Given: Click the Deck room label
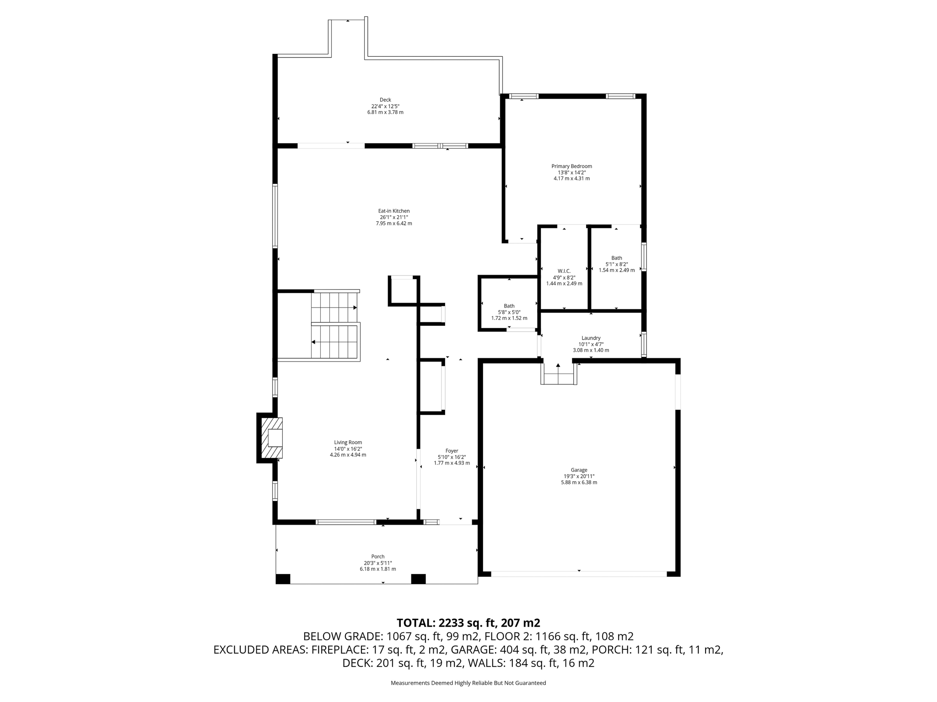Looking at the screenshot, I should point(385,100).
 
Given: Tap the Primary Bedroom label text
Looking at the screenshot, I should point(571,166).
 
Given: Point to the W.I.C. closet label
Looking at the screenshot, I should point(564,271).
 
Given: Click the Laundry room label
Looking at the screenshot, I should point(591,338).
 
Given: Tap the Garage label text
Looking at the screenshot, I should point(579,470).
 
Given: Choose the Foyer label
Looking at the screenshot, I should point(452,451).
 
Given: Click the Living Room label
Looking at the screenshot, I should point(348,442).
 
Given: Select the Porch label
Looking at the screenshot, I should point(377,557).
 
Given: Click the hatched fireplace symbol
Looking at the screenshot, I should point(271,438).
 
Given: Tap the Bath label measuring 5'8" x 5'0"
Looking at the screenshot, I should point(509,306).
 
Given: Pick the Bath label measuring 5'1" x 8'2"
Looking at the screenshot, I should point(616,258).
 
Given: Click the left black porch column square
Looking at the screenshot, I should point(283,579).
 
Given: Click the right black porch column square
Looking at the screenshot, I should point(418,579).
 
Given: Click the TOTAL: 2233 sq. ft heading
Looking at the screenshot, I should point(468,623).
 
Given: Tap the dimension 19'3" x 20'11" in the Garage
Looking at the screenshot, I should point(579,476).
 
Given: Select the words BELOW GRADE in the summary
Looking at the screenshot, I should point(343,637).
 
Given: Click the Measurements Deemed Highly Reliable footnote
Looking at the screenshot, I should point(468,683).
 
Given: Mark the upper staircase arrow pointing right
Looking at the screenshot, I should point(355,308).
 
